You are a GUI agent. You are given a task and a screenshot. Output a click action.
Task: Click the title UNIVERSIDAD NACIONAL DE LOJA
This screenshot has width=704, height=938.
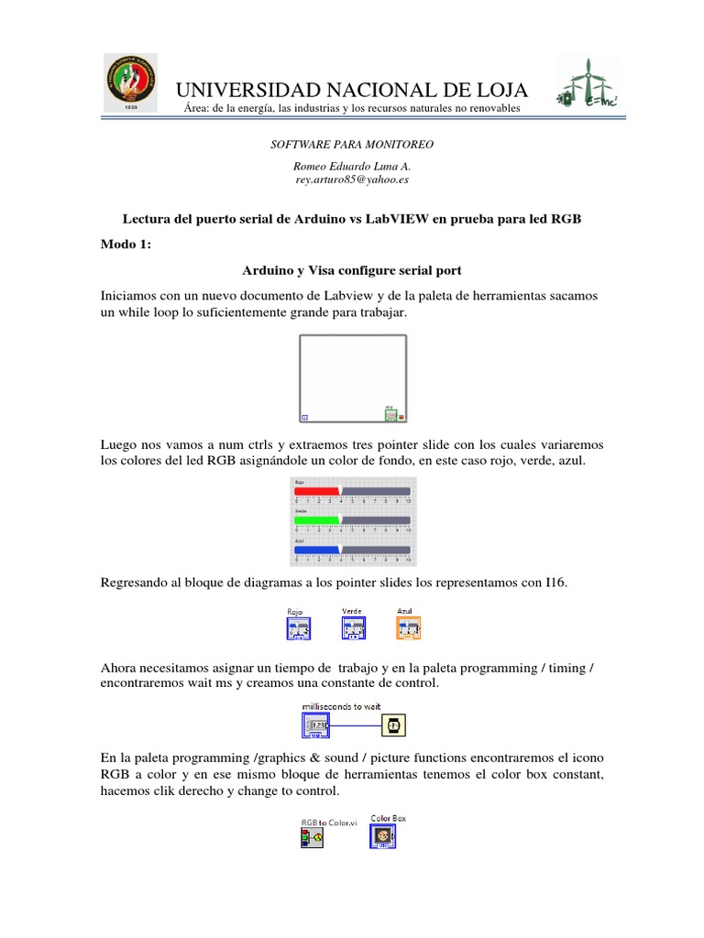[x=351, y=90]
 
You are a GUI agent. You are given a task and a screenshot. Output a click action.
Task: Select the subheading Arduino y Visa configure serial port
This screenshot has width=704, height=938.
[x=351, y=271]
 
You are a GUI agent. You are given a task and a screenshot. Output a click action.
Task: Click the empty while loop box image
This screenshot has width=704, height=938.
[x=352, y=378]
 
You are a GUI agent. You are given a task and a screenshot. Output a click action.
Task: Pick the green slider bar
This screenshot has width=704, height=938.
[x=317, y=519]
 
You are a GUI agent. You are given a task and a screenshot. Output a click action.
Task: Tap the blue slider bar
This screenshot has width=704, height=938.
[x=317, y=549]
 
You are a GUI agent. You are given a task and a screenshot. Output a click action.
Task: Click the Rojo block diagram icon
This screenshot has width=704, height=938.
[x=298, y=628]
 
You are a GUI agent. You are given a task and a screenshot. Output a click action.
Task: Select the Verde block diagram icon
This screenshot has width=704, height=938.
[x=354, y=627]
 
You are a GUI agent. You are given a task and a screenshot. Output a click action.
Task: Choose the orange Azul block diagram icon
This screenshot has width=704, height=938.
[x=408, y=627]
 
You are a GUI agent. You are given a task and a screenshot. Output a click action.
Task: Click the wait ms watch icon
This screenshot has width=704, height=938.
[x=391, y=726]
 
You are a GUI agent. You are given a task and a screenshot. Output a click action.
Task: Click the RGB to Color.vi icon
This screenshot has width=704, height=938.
[x=312, y=836]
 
